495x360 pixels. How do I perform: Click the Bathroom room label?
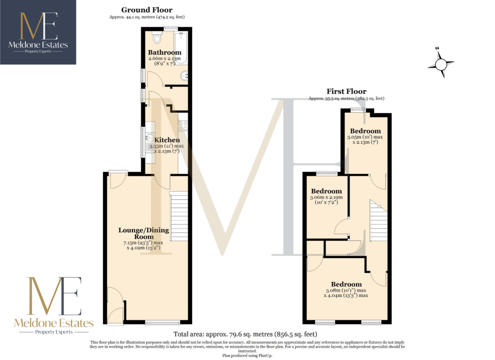(164, 52)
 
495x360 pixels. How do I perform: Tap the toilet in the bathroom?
(156, 37)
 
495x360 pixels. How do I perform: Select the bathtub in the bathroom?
(181, 47)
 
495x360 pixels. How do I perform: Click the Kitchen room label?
(167, 140)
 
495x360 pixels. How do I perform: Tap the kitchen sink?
(149, 137)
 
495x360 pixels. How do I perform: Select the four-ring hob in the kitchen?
(183, 125)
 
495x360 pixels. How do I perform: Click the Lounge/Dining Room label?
(143, 233)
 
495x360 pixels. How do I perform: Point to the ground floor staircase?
(179, 216)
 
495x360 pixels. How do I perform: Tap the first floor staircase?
(378, 220)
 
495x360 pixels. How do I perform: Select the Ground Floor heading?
(147, 10)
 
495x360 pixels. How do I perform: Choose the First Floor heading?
(346, 91)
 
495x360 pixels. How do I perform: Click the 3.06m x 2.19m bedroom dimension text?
(326, 199)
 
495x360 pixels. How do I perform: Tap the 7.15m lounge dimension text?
(143, 245)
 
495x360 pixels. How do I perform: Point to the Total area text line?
(245, 334)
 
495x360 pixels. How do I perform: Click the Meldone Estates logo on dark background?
(38, 32)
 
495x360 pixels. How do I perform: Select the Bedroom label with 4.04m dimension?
(346, 284)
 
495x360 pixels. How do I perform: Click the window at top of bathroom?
(171, 28)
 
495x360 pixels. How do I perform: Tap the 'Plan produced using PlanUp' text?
(247, 355)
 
